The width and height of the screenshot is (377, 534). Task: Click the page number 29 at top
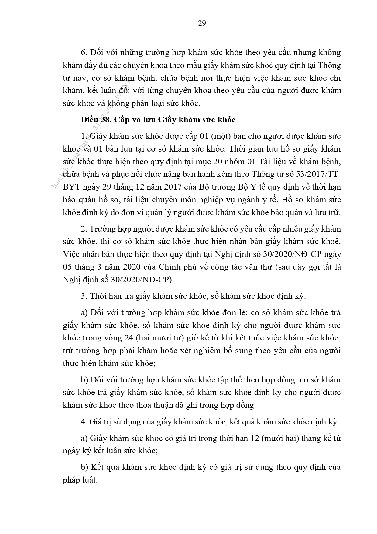202,23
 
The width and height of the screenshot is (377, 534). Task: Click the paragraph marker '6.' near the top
84,53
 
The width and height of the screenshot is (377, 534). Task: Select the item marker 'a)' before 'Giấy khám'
84,438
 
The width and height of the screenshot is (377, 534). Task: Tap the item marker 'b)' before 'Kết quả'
84,467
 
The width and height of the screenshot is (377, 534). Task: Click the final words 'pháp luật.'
81,480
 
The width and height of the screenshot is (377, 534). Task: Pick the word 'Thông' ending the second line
329,65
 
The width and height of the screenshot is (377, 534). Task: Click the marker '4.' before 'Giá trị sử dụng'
84,422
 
